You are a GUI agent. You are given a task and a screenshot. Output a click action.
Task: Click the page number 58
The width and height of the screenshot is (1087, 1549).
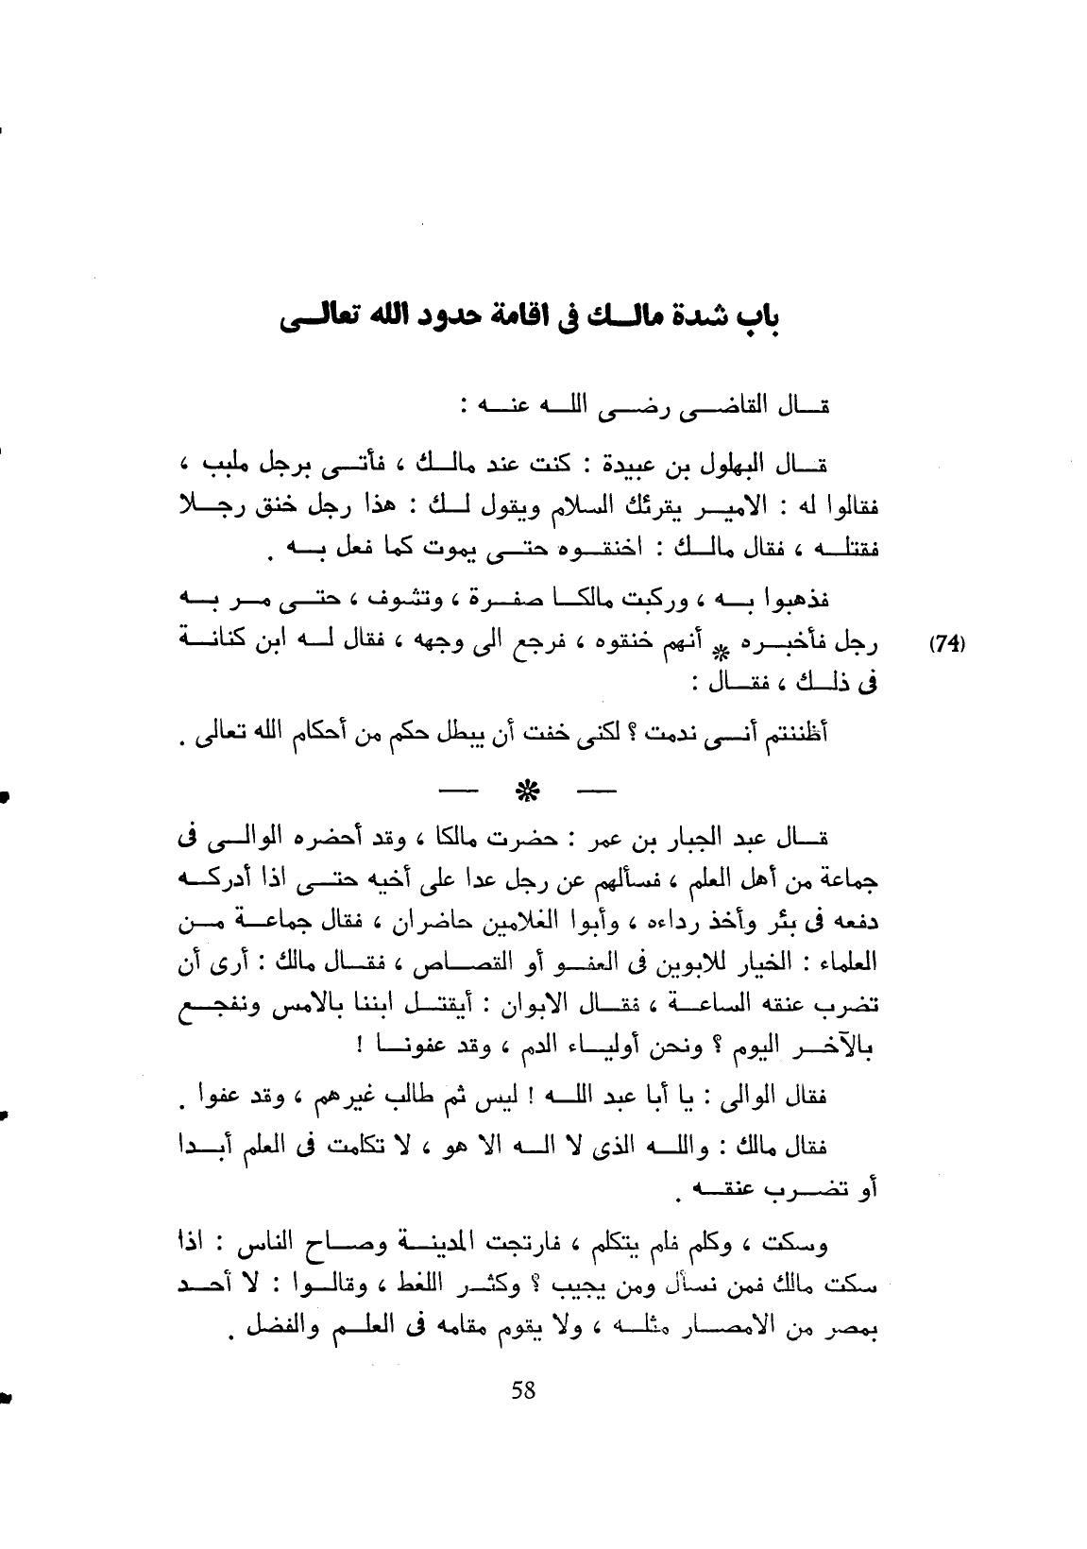(523, 1390)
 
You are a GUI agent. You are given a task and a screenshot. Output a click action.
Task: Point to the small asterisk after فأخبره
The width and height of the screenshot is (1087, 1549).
(722, 650)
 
